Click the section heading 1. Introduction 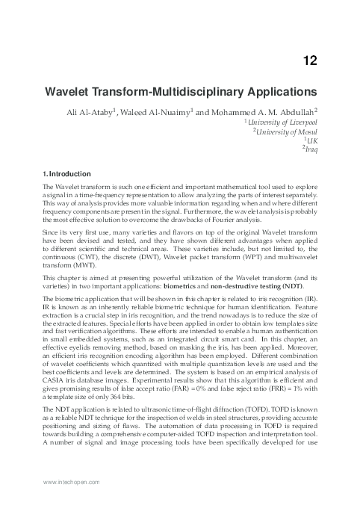68,174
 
